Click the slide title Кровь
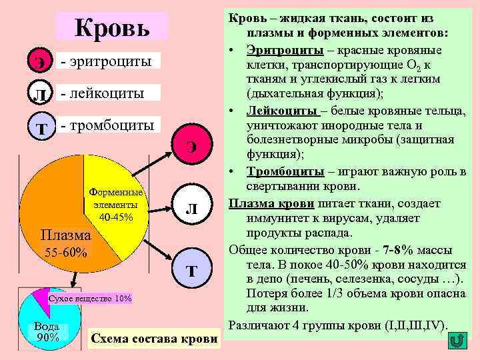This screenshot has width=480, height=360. (113, 28)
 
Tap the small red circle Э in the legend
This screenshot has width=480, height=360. (41, 61)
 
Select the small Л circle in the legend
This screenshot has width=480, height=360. (41, 94)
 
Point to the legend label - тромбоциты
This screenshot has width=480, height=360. (107, 125)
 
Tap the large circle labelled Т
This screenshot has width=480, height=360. (191, 270)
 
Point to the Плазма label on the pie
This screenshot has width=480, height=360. (65, 235)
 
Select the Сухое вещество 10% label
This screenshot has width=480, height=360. (90, 297)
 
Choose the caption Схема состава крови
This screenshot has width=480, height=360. (153, 339)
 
